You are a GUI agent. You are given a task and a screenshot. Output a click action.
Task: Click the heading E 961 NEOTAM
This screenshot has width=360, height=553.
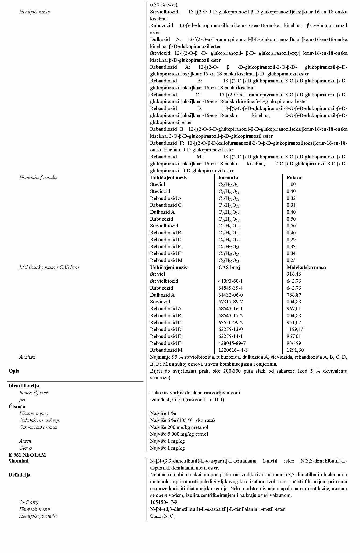pyautogui.click(x=27, y=455)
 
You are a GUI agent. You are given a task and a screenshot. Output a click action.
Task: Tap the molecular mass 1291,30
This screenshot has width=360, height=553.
pyautogui.click(x=295, y=350)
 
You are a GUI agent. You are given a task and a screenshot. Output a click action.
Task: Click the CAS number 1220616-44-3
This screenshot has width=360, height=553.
pyautogui.click(x=233, y=350)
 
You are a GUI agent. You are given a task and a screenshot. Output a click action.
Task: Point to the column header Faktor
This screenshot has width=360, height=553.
pyautogui.click(x=294, y=177)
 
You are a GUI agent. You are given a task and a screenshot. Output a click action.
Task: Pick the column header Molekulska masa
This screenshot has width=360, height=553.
pyautogui.click(x=306, y=267)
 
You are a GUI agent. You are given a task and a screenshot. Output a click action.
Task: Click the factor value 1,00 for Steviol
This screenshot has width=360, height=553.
pyautogui.click(x=291, y=184)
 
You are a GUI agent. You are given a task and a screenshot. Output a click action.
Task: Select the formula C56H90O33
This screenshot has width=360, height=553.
pyautogui.click(x=229, y=260)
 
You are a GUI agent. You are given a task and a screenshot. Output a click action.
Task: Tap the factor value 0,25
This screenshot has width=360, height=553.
pyautogui.click(x=291, y=260)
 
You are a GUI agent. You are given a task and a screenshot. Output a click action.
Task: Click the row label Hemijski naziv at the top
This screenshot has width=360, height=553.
pyautogui.click(x=34, y=12)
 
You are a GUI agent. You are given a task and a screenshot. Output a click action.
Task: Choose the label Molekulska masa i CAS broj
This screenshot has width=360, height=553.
pyautogui.click(x=49, y=267)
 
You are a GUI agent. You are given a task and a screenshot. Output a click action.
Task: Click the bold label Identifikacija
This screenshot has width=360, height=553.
pyautogui.click(x=24, y=386)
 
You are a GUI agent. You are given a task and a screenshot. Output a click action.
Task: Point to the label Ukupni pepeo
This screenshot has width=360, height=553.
pyautogui.click(x=34, y=413)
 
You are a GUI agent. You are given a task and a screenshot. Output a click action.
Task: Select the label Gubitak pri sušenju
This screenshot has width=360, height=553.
pyautogui.click(x=39, y=420)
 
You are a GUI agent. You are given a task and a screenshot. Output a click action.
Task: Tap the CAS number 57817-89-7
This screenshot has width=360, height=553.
pyautogui.click(x=231, y=301)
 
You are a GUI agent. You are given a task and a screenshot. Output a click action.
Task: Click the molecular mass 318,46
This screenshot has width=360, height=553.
pyautogui.click(x=294, y=274)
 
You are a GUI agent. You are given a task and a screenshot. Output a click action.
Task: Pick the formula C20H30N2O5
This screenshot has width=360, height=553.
pyautogui.click(x=163, y=516)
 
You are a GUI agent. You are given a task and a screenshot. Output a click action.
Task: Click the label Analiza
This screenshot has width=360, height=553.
pyautogui.click(x=27, y=357)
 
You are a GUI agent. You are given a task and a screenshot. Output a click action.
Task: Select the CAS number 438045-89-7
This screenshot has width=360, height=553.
pyautogui.click(x=232, y=343)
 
